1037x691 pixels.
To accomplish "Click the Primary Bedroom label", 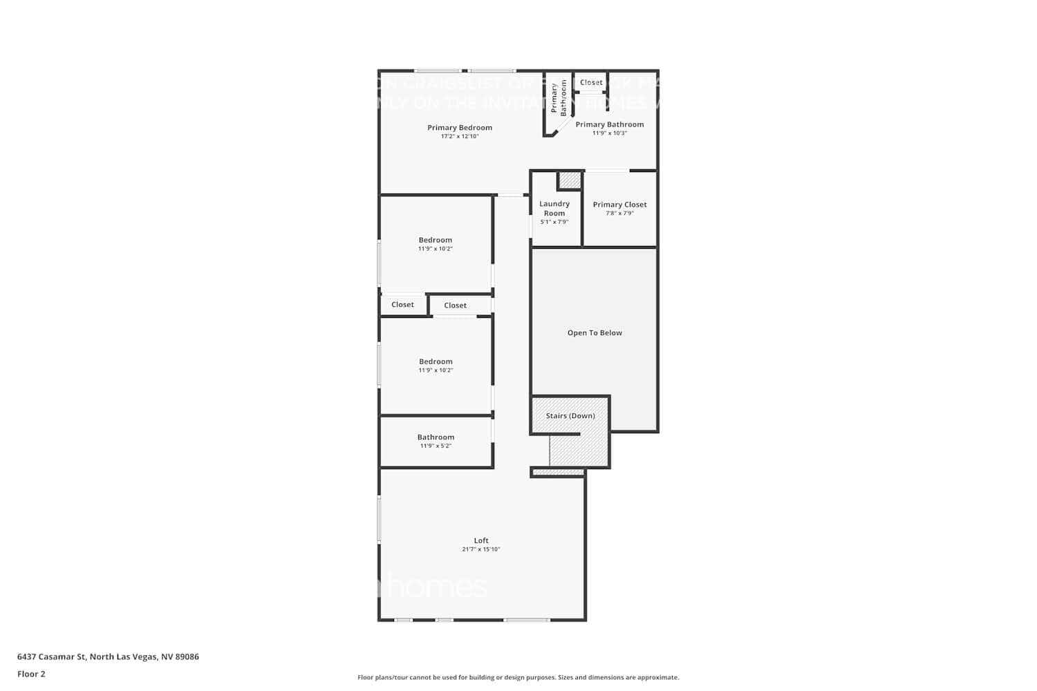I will pyautogui.click(x=460, y=128).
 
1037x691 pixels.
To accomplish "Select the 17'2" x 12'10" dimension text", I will pyautogui.click(x=460, y=137).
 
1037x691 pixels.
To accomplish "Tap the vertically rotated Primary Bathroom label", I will pyautogui.click(x=559, y=98).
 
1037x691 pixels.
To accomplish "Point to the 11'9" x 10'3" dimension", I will pyautogui.click(x=609, y=133).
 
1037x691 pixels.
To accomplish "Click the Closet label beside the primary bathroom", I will pyautogui.click(x=591, y=82).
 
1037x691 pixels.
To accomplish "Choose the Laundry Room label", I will pyautogui.click(x=554, y=208).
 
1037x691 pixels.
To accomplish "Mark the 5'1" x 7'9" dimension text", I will pyautogui.click(x=554, y=222).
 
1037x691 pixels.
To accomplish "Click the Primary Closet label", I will pyautogui.click(x=619, y=205).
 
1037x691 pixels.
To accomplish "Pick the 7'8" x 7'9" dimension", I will pyautogui.click(x=619, y=214).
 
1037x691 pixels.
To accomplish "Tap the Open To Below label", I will pyautogui.click(x=595, y=333).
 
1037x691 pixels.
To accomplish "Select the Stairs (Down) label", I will pyautogui.click(x=570, y=416).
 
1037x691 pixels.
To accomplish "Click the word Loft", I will pyautogui.click(x=481, y=540).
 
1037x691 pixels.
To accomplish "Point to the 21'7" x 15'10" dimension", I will pyautogui.click(x=481, y=549).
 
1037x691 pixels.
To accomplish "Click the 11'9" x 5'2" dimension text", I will pyautogui.click(x=436, y=446).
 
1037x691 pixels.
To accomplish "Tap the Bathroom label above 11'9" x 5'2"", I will pyautogui.click(x=436, y=437).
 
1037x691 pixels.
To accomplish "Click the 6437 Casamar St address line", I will pyautogui.click(x=108, y=656).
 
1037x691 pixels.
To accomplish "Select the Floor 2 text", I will pyautogui.click(x=31, y=674).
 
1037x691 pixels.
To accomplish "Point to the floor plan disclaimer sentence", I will pyautogui.click(x=518, y=677).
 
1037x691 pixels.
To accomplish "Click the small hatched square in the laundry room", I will pyautogui.click(x=570, y=180).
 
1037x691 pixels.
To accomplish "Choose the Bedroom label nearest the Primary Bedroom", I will pyautogui.click(x=436, y=240).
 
